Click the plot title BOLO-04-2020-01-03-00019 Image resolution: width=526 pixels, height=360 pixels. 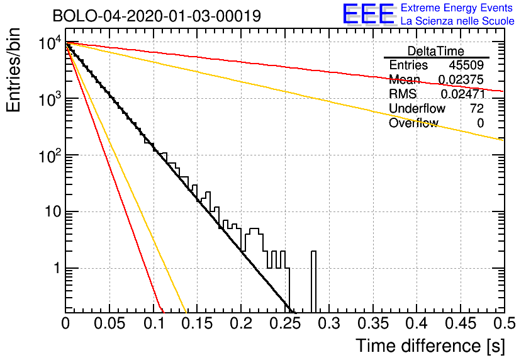tap(157, 16)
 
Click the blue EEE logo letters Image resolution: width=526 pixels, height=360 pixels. tap(368, 14)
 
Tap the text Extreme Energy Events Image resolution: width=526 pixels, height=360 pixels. tap(457, 8)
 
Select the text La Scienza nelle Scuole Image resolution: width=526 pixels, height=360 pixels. tap(457, 21)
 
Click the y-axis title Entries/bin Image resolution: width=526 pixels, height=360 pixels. tap(13, 70)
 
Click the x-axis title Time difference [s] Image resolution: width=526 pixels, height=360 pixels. tap(430, 346)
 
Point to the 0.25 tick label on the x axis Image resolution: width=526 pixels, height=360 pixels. tap(286, 323)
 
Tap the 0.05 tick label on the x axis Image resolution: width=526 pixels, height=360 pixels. tap(109, 323)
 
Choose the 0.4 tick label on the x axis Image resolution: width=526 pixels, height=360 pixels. tap(417, 323)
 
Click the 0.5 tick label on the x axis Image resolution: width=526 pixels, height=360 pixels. tap(505, 323)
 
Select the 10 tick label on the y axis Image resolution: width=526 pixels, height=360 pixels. tap(52, 211)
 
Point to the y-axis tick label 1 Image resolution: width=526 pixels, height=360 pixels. tap(57, 268)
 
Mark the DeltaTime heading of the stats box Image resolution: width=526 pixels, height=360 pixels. tap(436, 51)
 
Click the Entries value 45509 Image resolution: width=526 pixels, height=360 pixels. tap(466, 65)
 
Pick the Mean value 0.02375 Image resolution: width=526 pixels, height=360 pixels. tap(461, 79)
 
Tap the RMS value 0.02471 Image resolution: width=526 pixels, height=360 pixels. tap(463, 94)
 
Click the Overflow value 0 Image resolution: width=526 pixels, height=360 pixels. tap(480, 123)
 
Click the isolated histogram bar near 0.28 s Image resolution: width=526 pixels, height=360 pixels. tap(313, 282)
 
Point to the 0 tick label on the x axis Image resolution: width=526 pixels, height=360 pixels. tap(65, 323)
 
